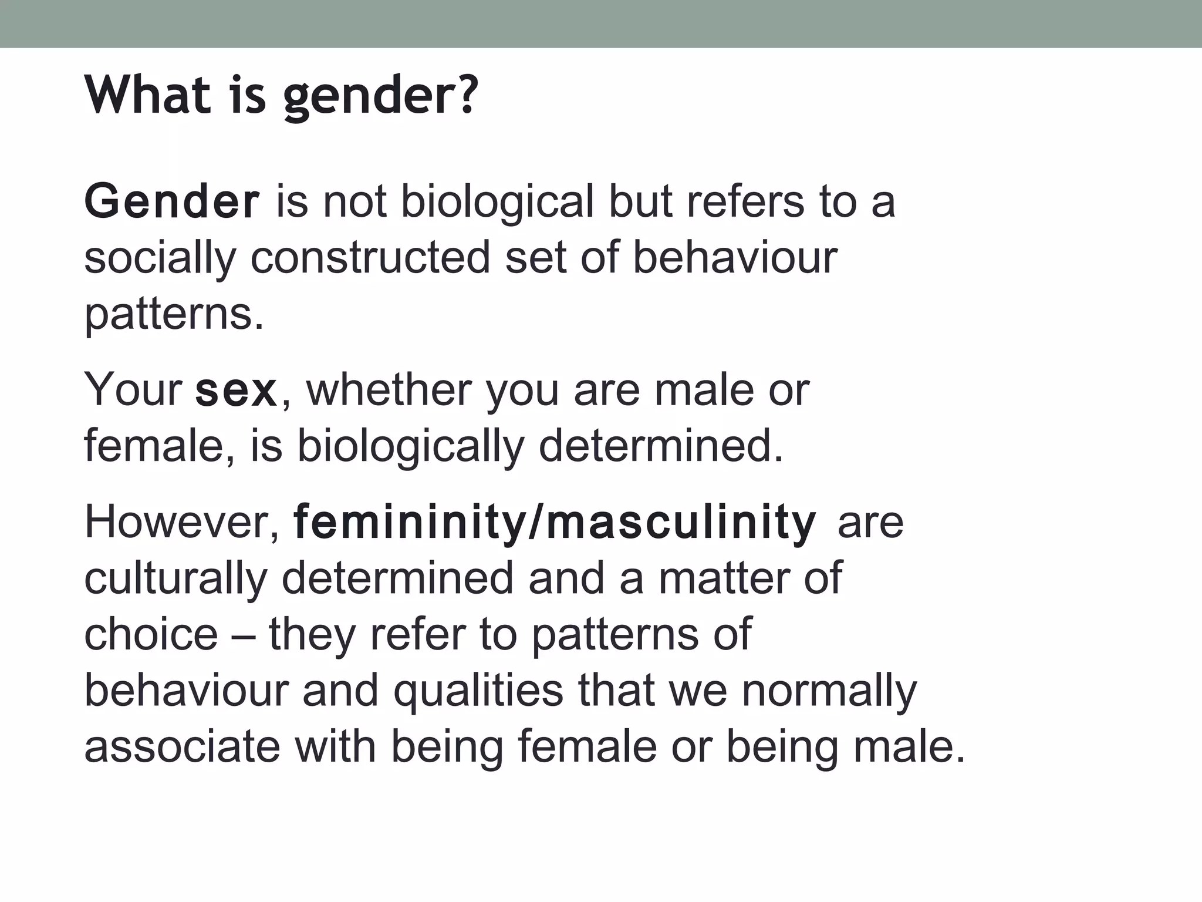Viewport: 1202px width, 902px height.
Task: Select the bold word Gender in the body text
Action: [171, 201]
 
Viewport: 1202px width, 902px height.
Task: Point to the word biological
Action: [498, 201]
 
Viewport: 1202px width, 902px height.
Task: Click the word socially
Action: [160, 258]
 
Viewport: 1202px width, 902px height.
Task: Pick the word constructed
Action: [370, 257]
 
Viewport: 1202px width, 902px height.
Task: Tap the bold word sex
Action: [236, 391]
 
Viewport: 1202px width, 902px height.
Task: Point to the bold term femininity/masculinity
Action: [555, 522]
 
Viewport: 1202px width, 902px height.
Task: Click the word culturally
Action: [175, 578]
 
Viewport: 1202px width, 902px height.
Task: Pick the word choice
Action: [151, 634]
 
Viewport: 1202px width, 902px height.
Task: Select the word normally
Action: [829, 692]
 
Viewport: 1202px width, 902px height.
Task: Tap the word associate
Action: [182, 747]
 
